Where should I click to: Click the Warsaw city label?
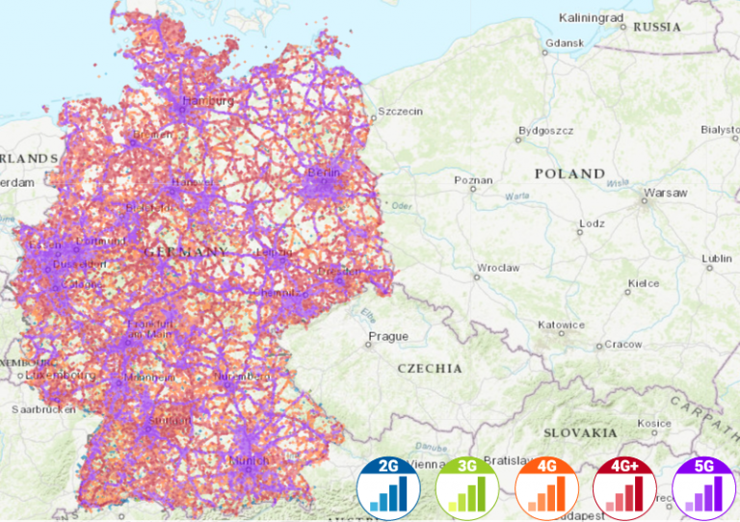coord(666,193)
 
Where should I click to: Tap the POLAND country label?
coord(570,174)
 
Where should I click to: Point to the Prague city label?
coord(388,337)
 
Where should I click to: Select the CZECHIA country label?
coord(430,368)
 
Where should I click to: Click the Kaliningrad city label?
coord(592,17)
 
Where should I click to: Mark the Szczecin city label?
coord(400,111)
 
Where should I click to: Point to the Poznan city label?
coord(473,179)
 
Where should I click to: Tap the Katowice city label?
coord(562,325)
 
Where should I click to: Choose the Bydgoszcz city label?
coord(546,130)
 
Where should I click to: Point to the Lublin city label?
coord(717,258)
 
